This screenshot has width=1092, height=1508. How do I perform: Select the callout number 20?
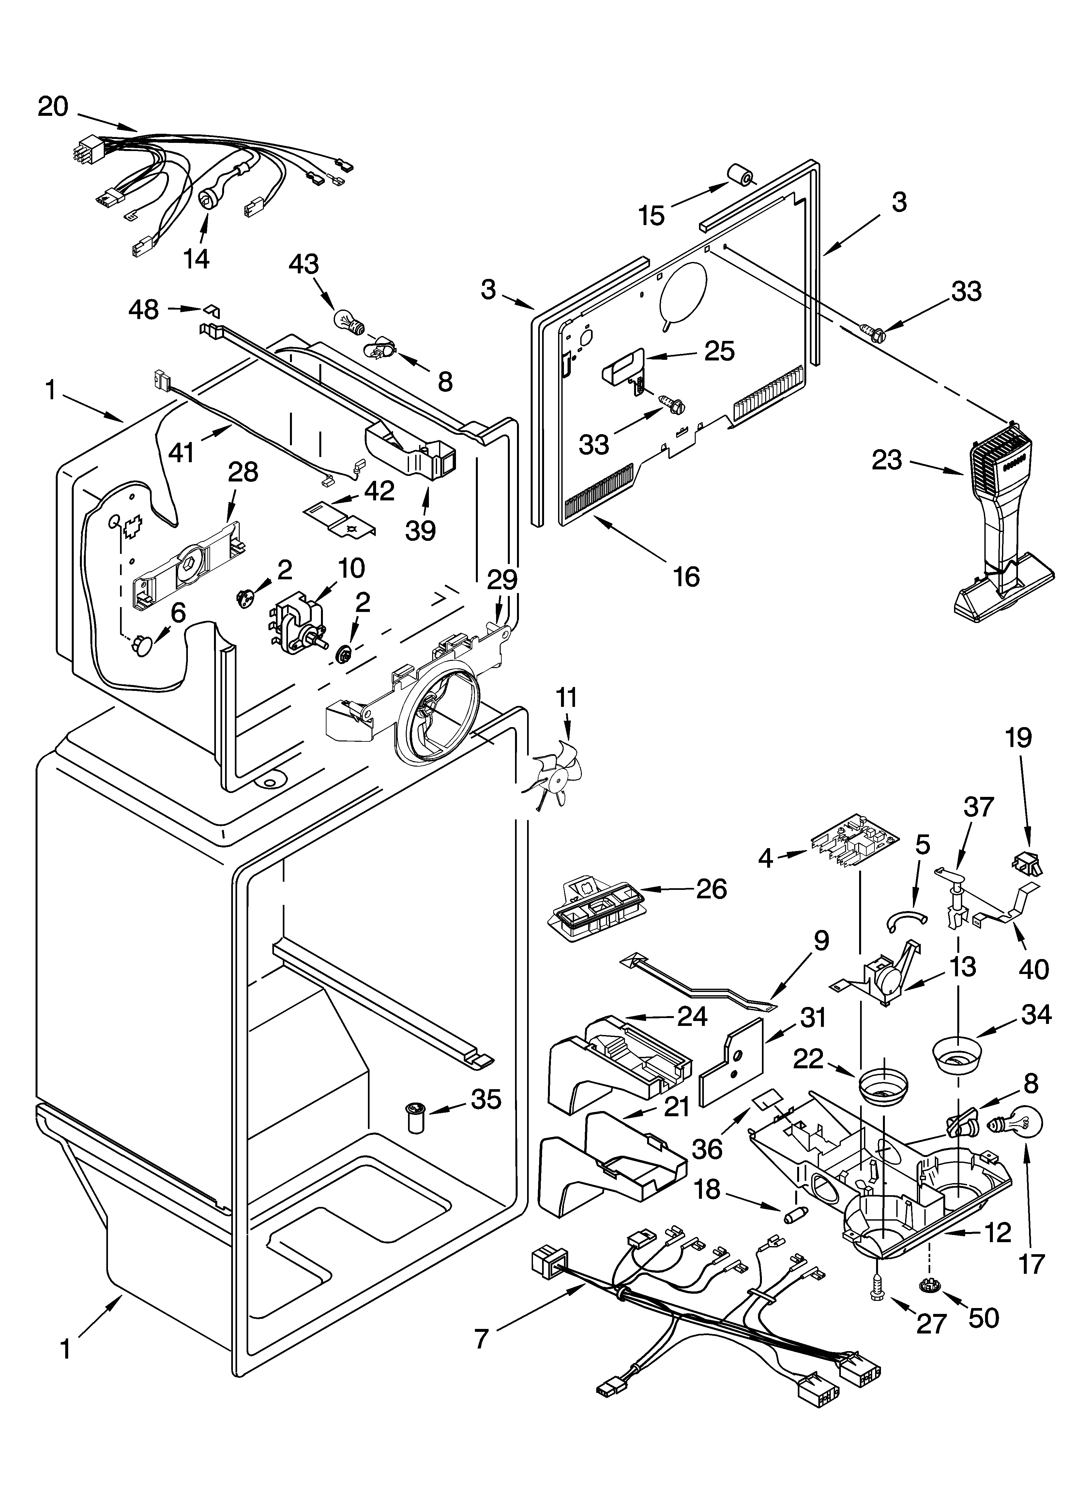point(53,106)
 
